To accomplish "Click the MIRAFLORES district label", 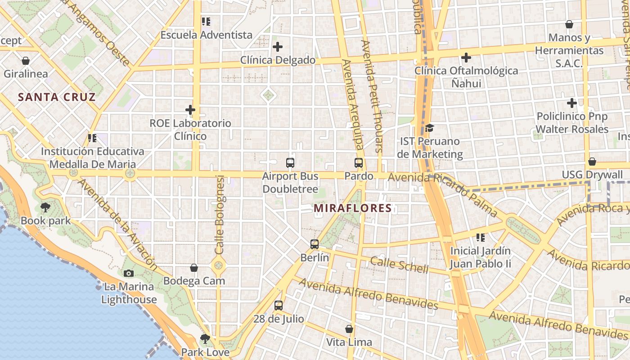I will click(x=353, y=208).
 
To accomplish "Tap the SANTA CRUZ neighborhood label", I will click(x=57, y=97).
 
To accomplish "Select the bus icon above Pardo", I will click(x=359, y=163).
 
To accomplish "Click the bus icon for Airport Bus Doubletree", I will click(x=290, y=163).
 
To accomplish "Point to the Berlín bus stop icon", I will click(x=315, y=244).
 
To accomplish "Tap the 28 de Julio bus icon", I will click(x=279, y=306).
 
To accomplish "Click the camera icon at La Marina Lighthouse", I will click(x=128, y=273).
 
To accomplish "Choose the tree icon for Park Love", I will click(x=205, y=338).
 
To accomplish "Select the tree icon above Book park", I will click(x=45, y=207).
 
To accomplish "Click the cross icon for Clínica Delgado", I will click(x=278, y=46).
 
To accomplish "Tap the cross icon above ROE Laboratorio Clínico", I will click(x=190, y=109).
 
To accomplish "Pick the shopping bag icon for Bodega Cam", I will click(x=194, y=268).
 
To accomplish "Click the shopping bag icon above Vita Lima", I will click(x=349, y=329).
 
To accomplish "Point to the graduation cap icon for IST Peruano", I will click(x=429, y=128).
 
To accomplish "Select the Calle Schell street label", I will click(x=399, y=265).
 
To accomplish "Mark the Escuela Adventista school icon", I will click(x=206, y=21).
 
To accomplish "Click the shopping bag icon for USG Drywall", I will click(x=592, y=162).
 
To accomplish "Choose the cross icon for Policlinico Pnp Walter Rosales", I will click(x=572, y=103).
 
